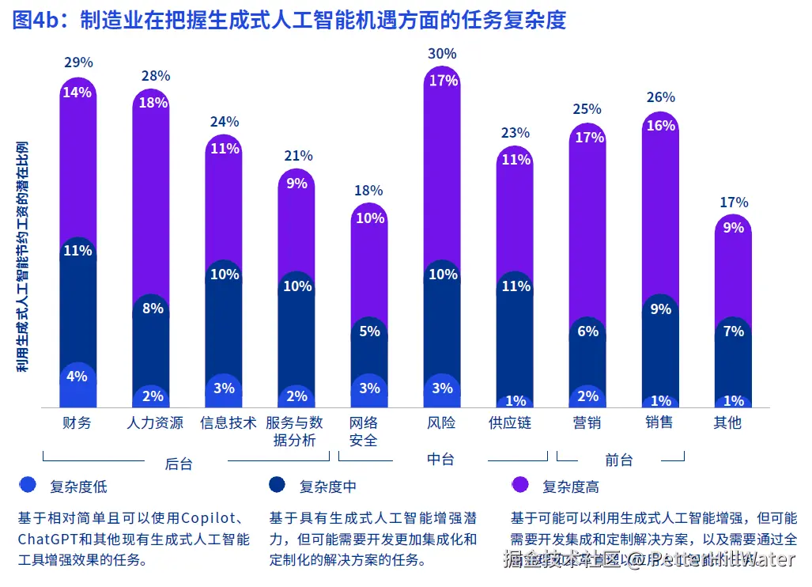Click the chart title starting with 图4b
pos(289,19)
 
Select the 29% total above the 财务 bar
pos(77,62)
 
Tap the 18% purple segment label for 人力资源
pos(153,102)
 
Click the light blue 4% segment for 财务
pos(77,377)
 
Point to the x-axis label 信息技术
pos(228,422)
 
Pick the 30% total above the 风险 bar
pos(441,54)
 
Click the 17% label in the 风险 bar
pos(443,80)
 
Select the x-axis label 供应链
pos(510,422)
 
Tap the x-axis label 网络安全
pos(364,431)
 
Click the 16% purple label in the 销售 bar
pos(661,126)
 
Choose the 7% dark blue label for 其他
pos(733,331)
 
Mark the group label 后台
pos(179,464)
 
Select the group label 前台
pos(619,460)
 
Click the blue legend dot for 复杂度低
pos(28,485)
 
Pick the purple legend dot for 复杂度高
pos(520,485)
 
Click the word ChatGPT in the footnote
pos(46,540)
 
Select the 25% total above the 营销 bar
pos(586,109)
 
